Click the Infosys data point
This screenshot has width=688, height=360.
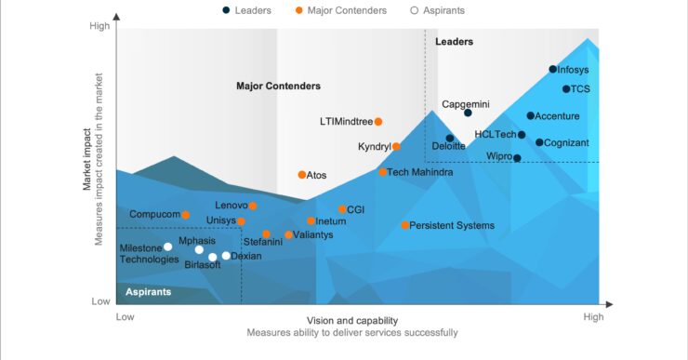click(x=553, y=69)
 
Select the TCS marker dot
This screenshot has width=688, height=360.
click(x=566, y=89)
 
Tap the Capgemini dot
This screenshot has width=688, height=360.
click(x=468, y=113)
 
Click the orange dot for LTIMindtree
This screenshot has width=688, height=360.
click(x=378, y=122)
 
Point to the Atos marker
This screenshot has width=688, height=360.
click(x=301, y=175)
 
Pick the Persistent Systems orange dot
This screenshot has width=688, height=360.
click(x=404, y=225)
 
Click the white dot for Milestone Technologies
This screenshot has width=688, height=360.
click(x=167, y=247)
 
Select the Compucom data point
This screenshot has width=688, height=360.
click(x=185, y=215)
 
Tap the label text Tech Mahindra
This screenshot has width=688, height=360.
click(x=420, y=172)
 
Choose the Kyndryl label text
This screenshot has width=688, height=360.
click(x=374, y=147)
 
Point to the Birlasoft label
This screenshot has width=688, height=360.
click(x=203, y=265)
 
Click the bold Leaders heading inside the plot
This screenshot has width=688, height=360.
click(x=454, y=42)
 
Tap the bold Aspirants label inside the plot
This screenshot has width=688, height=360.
click(x=149, y=292)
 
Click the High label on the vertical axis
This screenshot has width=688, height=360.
click(x=99, y=27)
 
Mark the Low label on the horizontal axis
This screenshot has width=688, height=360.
click(x=125, y=317)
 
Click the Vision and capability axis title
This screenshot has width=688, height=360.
click(x=352, y=320)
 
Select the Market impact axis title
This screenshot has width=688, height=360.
click(x=87, y=160)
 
